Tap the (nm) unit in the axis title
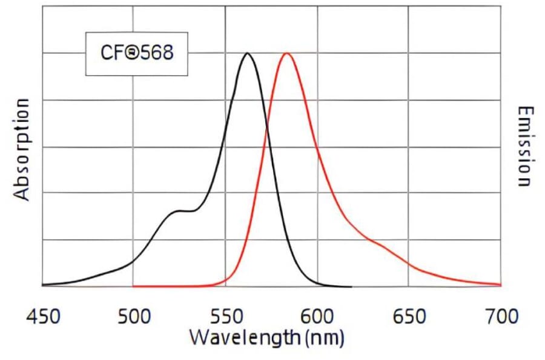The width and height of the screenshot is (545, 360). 324,336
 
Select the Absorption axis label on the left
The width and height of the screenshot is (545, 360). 22,149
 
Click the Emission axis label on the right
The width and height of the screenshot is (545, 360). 524,147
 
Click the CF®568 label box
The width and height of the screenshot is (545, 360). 136,54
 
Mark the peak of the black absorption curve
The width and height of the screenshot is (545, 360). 246,53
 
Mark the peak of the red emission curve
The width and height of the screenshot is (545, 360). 286,53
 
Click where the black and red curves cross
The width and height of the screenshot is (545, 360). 266,128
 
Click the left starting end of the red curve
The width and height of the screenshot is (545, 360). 134,285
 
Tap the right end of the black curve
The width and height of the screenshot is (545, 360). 351,286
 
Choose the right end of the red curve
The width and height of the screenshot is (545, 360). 500,284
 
